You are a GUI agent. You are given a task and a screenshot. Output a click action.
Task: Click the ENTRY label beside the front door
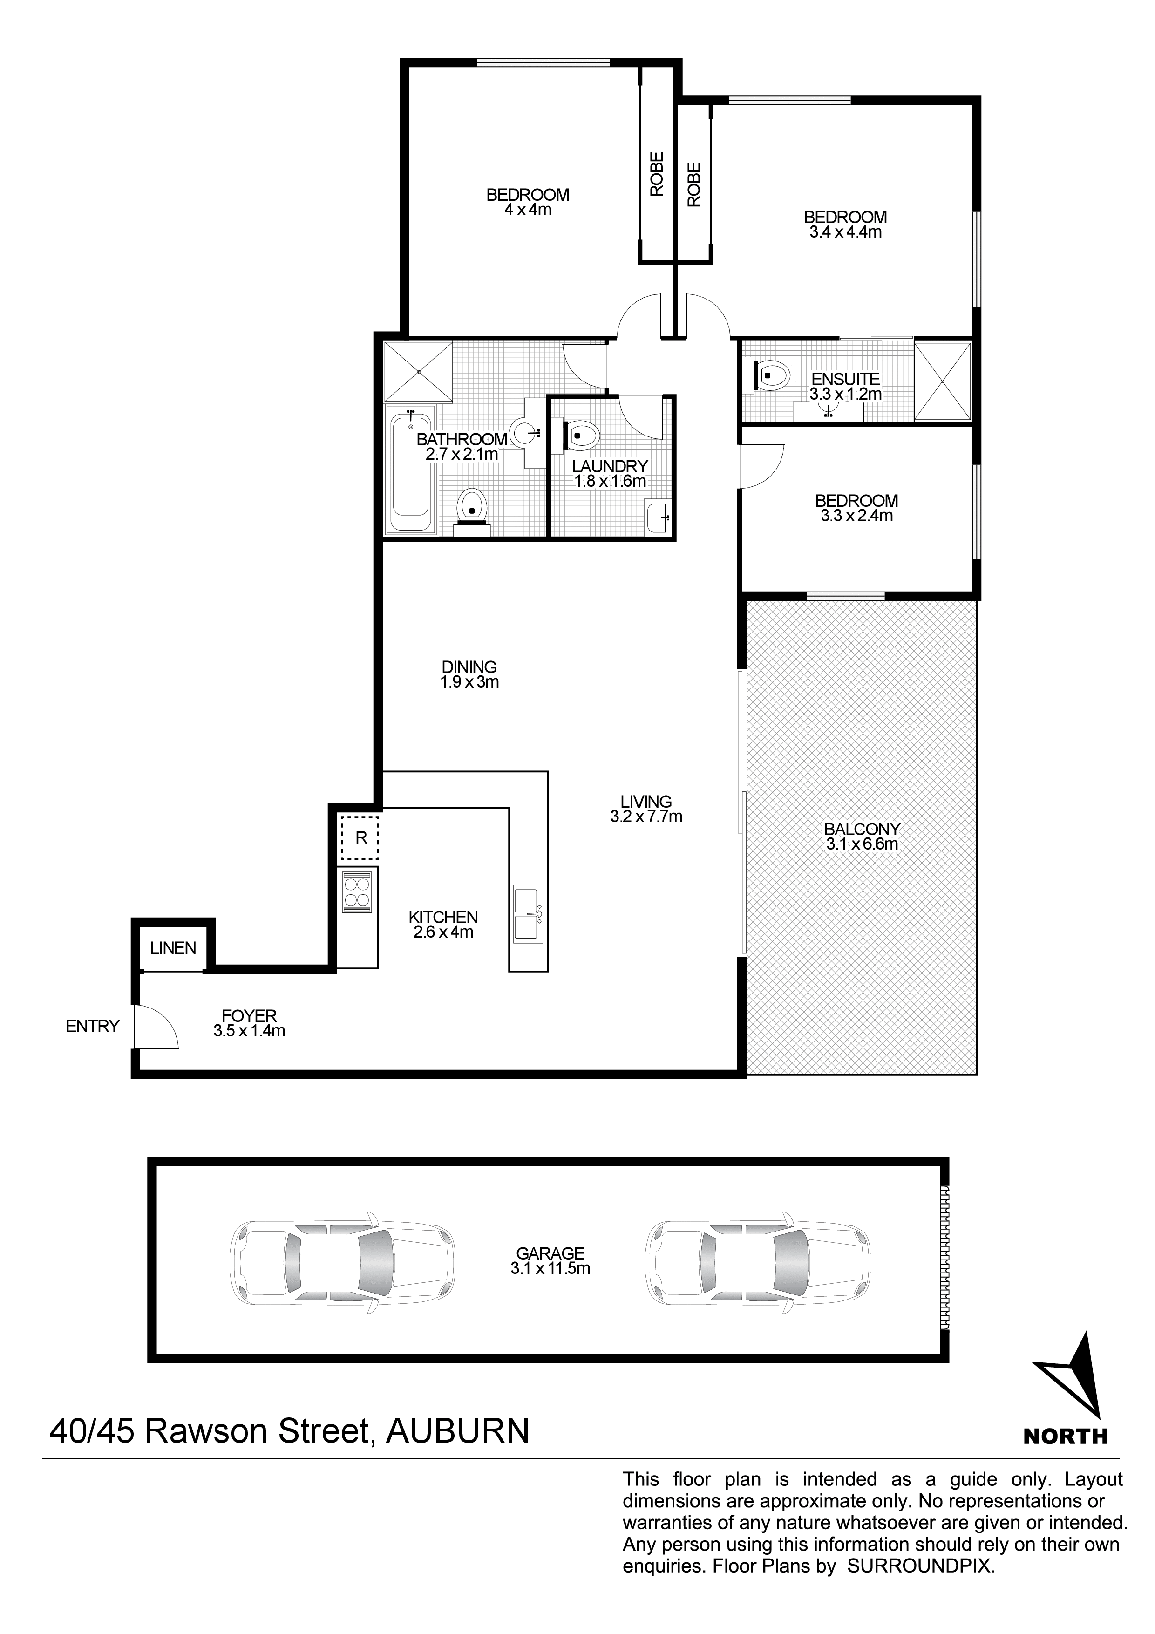[93, 1026]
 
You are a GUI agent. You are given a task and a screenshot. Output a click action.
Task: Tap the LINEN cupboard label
[173, 948]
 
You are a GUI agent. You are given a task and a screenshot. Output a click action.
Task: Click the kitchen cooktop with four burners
[357, 892]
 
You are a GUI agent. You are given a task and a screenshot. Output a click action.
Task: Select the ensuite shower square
[942, 381]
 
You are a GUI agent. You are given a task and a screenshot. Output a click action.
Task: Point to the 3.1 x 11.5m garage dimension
[550, 1268]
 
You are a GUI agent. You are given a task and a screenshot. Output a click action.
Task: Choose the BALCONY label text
[862, 829]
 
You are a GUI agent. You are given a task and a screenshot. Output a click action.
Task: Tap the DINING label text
[469, 667]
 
